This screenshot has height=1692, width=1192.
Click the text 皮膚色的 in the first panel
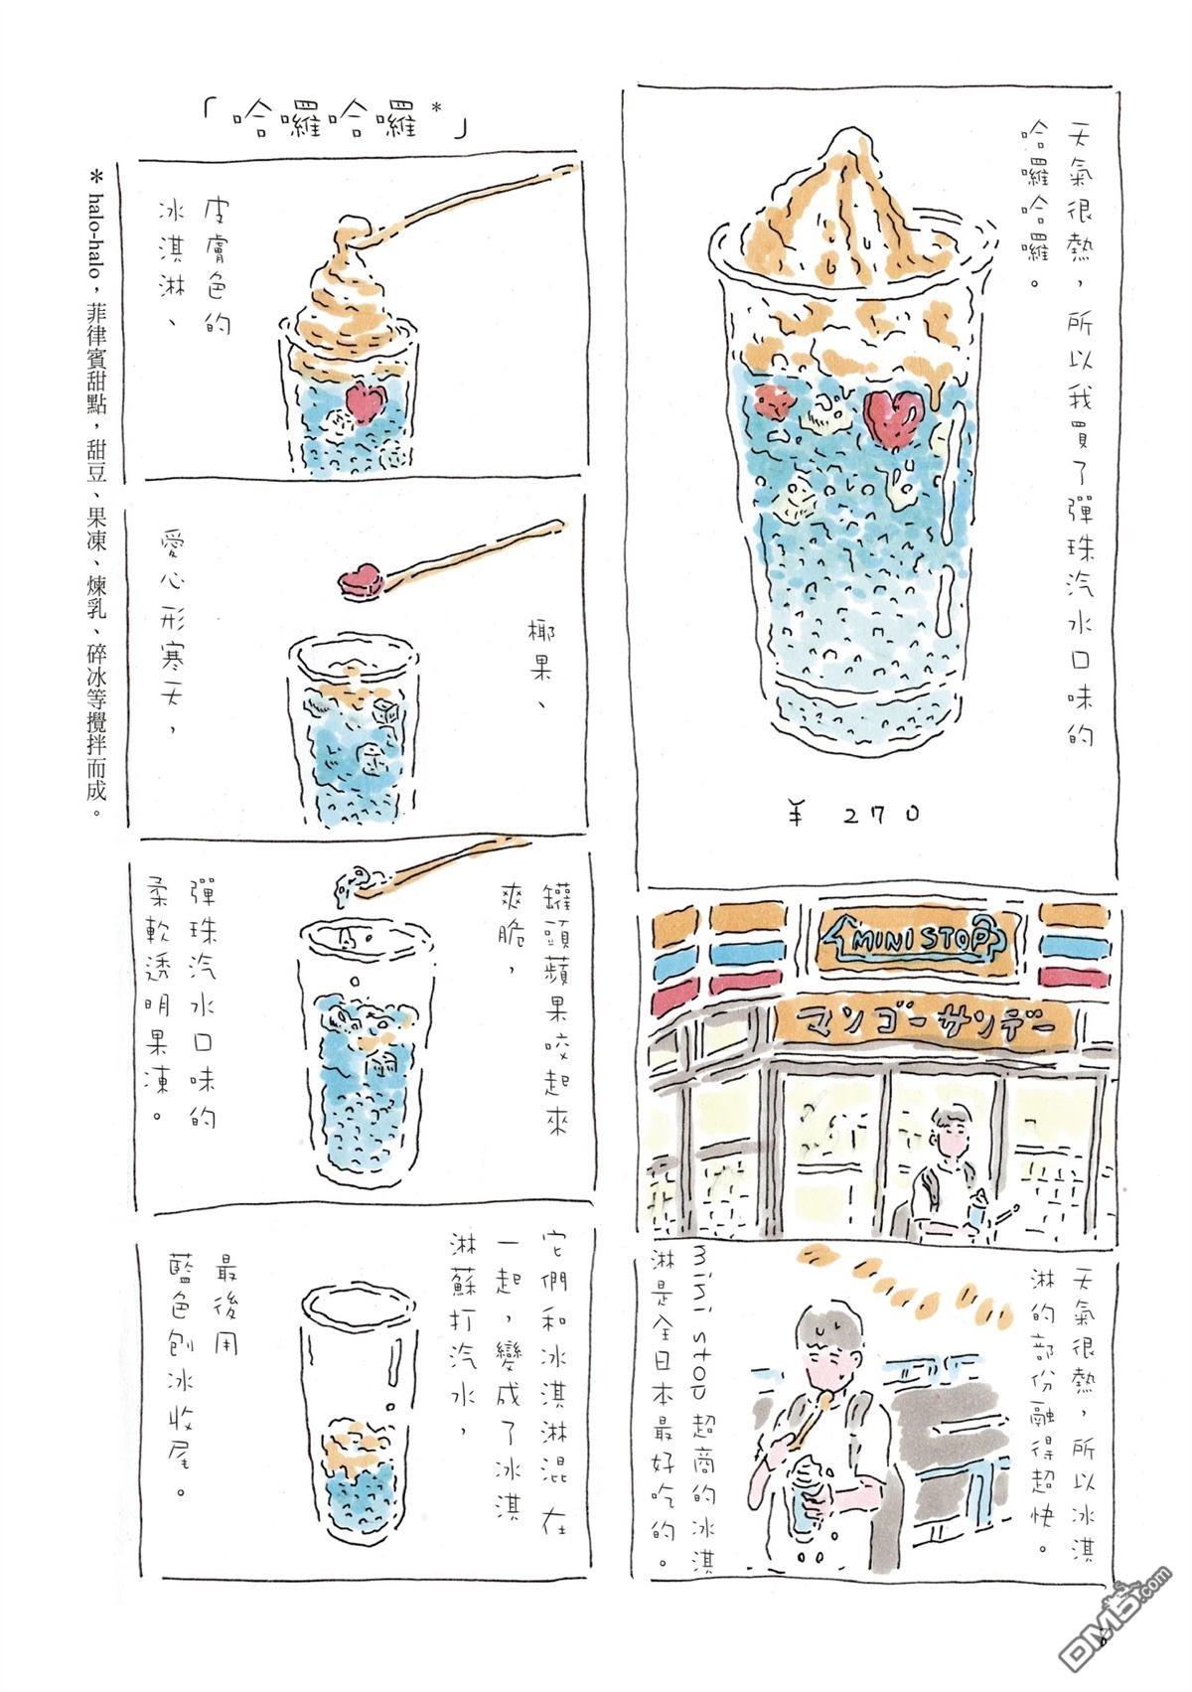pos(212,264)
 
